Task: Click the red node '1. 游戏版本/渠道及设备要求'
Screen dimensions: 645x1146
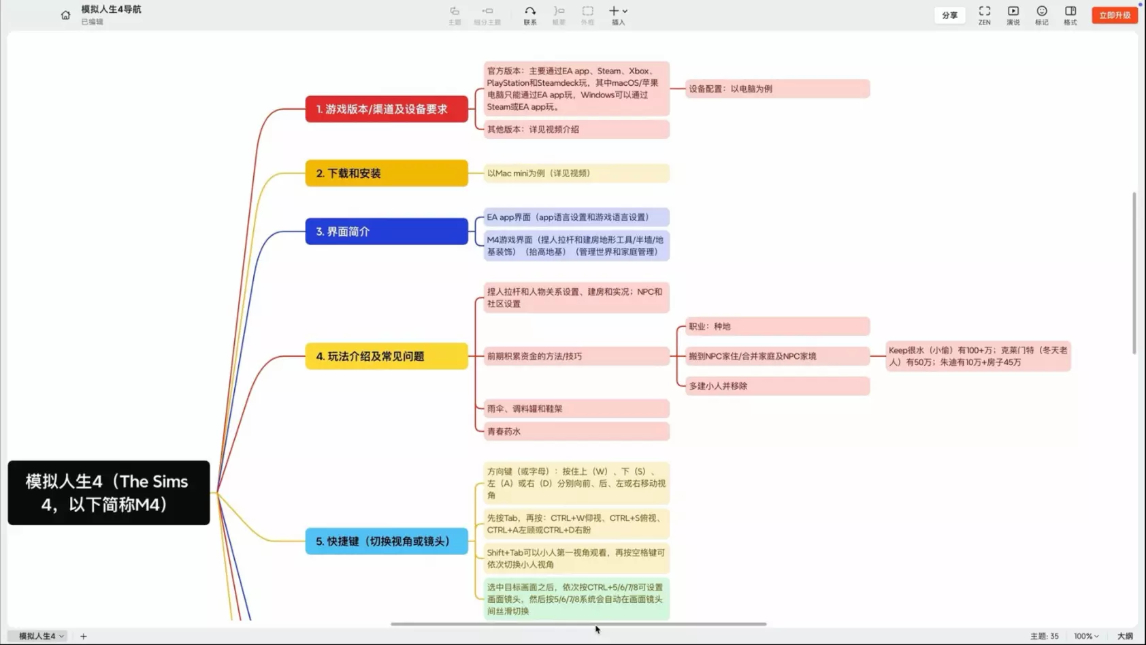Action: [386, 109]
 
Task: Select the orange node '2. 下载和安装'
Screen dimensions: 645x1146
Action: [386, 173]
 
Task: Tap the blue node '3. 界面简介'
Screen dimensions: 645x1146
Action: [386, 232]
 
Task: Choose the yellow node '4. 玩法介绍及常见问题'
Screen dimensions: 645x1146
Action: [386, 356]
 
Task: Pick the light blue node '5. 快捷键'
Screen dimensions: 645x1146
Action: [386, 541]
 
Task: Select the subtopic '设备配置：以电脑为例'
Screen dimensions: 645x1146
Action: [776, 89]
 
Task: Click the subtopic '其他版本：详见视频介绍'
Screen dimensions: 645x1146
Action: [576, 129]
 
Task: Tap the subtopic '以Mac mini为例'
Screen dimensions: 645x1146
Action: [576, 173]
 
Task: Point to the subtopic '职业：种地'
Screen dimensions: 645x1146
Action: [776, 326]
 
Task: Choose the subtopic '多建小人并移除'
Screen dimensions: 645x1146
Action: [776, 386]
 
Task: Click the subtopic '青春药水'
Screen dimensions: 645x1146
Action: [576, 431]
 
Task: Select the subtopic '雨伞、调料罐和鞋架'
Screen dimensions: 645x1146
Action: [576, 409]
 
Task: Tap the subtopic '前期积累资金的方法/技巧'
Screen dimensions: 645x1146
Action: [576, 356]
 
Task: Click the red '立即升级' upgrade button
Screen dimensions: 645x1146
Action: [1114, 15]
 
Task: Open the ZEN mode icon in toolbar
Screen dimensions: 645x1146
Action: [984, 15]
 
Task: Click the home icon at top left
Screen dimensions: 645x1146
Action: [65, 15]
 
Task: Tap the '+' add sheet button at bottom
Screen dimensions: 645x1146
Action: [84, 636]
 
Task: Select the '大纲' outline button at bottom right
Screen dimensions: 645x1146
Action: [1125, 636]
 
